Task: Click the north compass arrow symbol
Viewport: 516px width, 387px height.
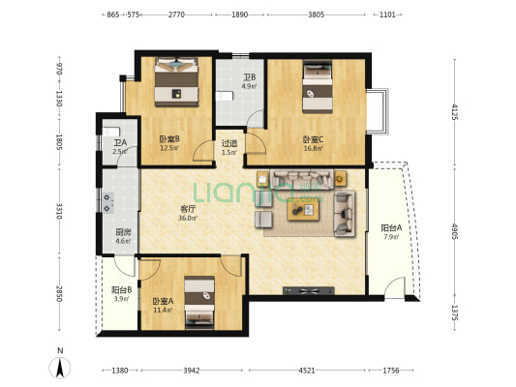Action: point(60,368)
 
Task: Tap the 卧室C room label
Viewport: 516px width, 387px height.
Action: point(313,139)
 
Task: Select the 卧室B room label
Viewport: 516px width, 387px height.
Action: point(169,139)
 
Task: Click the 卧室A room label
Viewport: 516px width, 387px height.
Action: point(163,301)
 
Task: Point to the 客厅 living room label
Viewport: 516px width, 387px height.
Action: point(188,209)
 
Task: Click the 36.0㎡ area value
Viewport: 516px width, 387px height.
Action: point(188,218)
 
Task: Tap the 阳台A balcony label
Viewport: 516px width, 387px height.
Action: point(391,228)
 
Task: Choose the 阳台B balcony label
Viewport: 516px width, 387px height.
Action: point(121,290)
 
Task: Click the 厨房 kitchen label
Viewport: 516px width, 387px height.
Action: point(123,232)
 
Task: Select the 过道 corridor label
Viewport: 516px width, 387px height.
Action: point(229,143)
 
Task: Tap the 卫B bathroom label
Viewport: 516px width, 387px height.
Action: point(249,77)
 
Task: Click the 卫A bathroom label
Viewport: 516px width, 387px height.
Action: point(120,143)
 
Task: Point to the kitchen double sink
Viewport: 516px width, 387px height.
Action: point(107,203)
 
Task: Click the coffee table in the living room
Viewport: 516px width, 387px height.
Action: point(303,209)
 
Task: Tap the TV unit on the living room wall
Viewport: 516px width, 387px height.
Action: point(309,290)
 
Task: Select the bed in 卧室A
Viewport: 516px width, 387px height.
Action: point(199,302)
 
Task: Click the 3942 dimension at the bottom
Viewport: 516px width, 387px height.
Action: point(192,371)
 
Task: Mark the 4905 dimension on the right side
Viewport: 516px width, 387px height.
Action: point(454,231)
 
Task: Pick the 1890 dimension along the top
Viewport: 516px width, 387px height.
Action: point(239,15)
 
